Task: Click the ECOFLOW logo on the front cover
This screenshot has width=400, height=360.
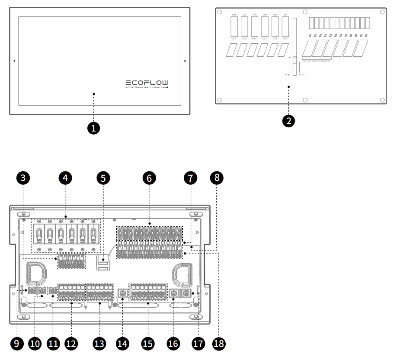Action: [x=147, y=82]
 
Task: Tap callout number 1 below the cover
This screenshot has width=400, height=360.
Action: [x=93, y=128]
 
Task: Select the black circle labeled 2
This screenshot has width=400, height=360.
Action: [x=288, y=121]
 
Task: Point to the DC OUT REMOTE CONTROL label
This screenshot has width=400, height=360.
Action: [x=317, y=61]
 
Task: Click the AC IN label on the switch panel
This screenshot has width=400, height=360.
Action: [x=287, y=74]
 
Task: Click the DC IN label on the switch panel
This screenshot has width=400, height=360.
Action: [x=302, y=74]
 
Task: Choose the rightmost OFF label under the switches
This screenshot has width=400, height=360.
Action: [x=285, y=39]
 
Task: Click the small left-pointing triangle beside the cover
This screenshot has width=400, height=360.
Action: [x=14, y=61]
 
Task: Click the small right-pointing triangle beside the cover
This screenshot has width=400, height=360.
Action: [x=186, y=61]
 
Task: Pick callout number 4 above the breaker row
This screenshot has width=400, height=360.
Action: [x=65, y=178]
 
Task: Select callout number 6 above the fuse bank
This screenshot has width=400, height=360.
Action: [x=149, y=178]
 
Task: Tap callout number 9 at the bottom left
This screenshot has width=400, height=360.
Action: [x=16, y=344]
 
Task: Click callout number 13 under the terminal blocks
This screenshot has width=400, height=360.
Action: [x=99, y=344]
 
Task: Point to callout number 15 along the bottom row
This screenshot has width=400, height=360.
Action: [x=148, y=344]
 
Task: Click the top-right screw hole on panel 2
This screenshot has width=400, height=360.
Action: [x=382, y=12]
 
